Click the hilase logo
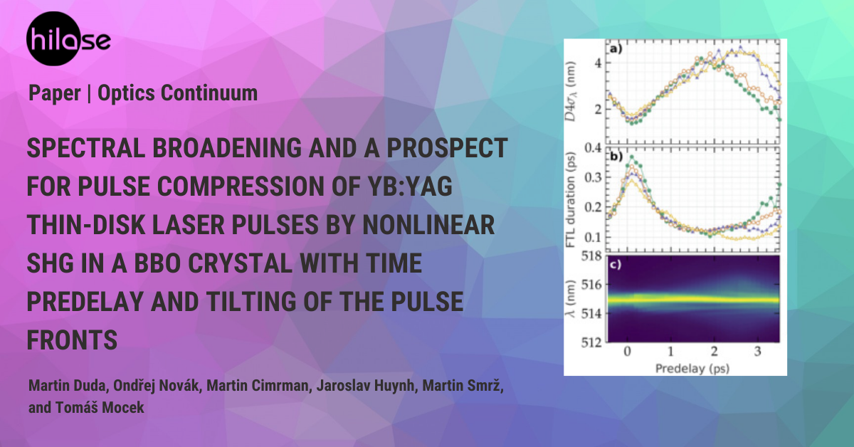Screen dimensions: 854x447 [x=68, y=38]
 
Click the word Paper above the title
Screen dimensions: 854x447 [x=55, y=93]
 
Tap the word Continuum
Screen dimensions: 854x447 [x=209, y=93]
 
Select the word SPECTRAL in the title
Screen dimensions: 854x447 [x=86, y=148]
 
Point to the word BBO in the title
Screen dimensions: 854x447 [x=157, y=263]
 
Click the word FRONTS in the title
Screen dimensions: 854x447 [x=72, y=340]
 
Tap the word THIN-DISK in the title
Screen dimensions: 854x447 [x=88, y=225]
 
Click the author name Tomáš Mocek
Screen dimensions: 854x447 [x=100, y=408]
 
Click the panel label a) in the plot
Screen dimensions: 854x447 [x=616, y=49]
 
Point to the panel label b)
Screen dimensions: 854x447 [x=616, y=156]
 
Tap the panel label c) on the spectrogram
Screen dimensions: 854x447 [x=616, y=264]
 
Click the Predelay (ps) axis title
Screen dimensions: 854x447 [x=692, y=369]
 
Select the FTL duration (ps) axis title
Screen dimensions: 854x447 [x=570, y=200]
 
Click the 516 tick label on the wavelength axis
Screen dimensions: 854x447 [x=591, y=285]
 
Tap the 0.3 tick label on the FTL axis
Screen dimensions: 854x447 [x=594, y=177]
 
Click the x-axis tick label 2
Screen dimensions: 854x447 [x=714, y=351]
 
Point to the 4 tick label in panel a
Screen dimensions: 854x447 [x=598, y=63]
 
